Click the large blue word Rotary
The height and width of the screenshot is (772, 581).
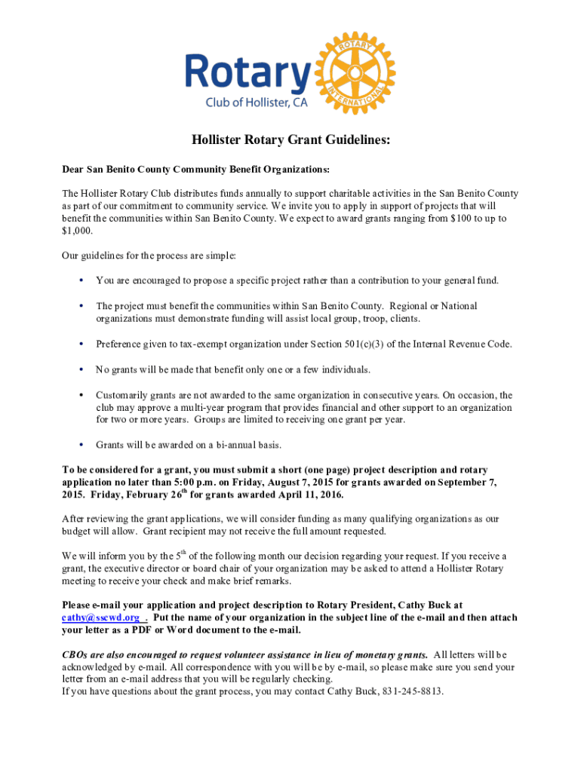coord(249,72)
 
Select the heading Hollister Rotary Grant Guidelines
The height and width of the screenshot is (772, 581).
coord(290,140)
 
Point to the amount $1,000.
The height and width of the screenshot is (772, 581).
coord(76,231)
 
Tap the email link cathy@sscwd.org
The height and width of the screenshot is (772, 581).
coord(100,617)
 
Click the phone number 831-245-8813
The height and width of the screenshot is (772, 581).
coord(413,691)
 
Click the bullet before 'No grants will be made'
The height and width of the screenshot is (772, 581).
coord(81,370)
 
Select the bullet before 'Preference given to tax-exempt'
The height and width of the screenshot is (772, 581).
coord(81,345)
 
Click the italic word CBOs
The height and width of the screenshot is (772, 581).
coord(76,655)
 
